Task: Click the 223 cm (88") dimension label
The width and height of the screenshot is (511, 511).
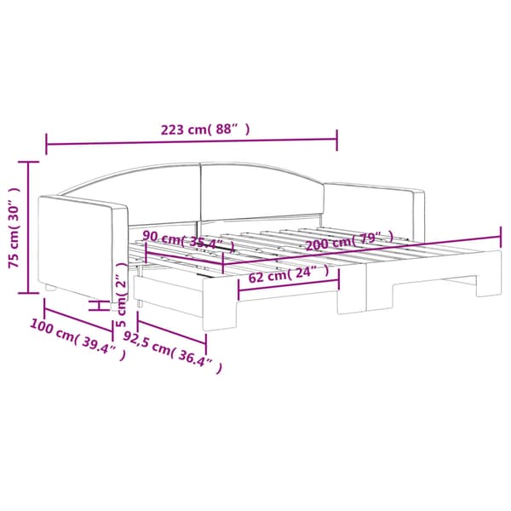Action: click(x=205, y=129)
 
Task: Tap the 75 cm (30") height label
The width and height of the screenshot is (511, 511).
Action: click(x=14, y=227)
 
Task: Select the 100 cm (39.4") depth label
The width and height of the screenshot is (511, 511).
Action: click(x=78, y=340)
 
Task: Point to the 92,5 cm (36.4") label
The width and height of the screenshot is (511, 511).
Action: click(x=173, y=353)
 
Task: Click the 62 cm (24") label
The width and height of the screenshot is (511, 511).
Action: click(x=289, y=274)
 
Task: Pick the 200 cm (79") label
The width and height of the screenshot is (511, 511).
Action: click(x=349, y=240)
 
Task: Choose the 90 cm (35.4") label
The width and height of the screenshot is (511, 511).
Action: click(x=188, y=242)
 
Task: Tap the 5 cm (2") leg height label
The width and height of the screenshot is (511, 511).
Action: click(x=121, y=295)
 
